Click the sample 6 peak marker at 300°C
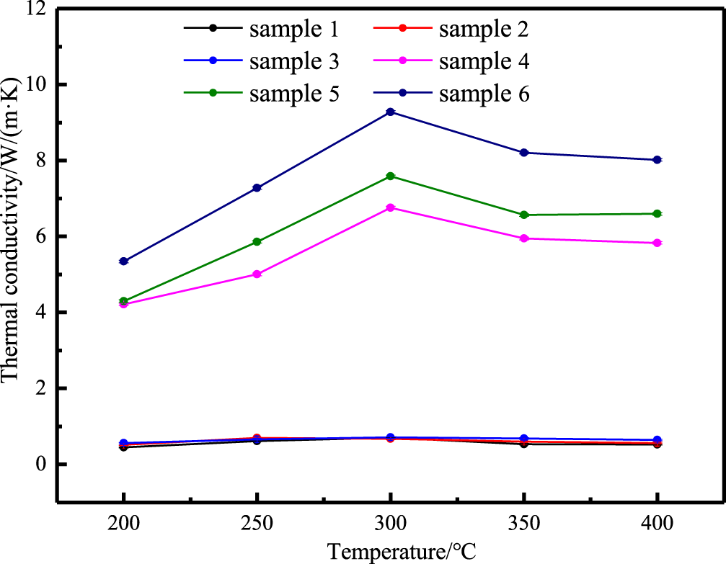click(x=390, y=112)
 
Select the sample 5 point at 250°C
click(x=257, y=242)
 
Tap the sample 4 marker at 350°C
click(x=524, y=238)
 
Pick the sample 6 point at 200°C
click(x=124, y=261)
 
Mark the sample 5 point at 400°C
click(x=658, y=214)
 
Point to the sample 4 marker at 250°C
click(x=257, y=274)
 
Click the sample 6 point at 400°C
click(x=658, y=160)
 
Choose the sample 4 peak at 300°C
click(x=390, y=207)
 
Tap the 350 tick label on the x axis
click(x=524, y=522)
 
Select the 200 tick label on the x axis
click(x=124, y=522)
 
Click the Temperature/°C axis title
click(x=402, y=552)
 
